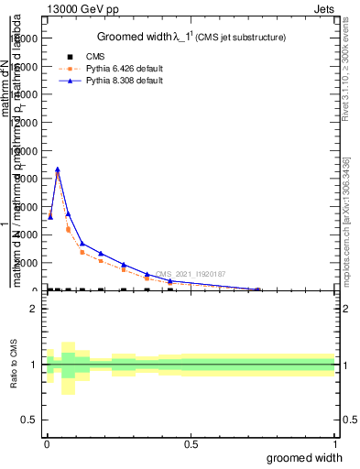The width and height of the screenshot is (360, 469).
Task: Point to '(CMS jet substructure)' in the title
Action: click(x=242, y=38)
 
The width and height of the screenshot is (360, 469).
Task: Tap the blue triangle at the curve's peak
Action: click(x=58, y=169)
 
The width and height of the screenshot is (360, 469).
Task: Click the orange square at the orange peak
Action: click(x=58, y=174)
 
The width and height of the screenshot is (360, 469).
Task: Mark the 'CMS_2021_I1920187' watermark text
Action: click(x=191, y=273)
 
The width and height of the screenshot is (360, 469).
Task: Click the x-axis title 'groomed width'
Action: click(x=311, y=456)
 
